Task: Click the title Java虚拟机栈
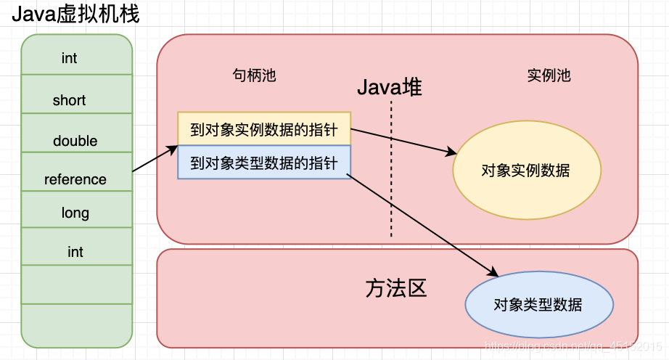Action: coord(75,13)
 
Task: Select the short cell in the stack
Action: coord(70,100)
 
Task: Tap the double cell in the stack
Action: coord(75,141)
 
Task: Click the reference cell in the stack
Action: coord(75,179)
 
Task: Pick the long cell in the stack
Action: coord(75,213)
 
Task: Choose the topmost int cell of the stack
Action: coord(70,58)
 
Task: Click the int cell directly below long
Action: coord(75,252)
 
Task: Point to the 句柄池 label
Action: coord(254,75)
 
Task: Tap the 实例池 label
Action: coord(549,75)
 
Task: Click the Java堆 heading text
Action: coord(389,89)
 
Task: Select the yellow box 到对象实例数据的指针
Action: coord(264,129)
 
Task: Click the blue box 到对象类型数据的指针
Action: coord(264,163)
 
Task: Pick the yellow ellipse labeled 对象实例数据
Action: coord(526,171)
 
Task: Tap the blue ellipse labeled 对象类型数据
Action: coord(538,305)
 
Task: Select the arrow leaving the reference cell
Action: coord(155,159)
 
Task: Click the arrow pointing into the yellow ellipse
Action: coord(403,141)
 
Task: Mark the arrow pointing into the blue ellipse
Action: coord(424,224)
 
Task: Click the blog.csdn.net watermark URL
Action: coord(572,347)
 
